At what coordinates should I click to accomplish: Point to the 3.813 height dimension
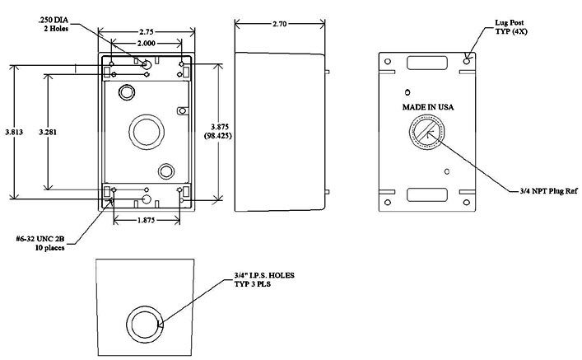click(x=14, y=132)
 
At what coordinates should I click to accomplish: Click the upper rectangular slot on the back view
click(x=426, y=63)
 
